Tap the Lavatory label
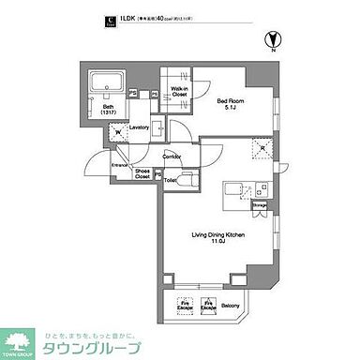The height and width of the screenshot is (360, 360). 140,127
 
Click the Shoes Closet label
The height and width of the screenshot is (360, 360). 143,171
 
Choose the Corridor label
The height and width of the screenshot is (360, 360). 172,156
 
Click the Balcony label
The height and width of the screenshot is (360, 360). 243,306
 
